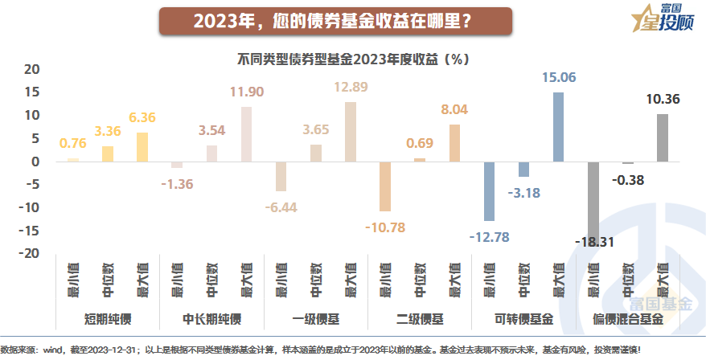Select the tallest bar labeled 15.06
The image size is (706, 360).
(558, 127)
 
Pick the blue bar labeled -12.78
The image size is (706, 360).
(489, 191)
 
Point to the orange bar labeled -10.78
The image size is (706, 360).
(385, 186)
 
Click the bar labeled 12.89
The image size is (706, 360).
(351, 132)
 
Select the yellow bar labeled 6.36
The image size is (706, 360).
(142, 147)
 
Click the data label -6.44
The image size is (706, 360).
(281, 207)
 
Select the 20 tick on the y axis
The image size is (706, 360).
(31, 70)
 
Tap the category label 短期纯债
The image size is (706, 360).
(108, 319)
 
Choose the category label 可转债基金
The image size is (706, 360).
(523, 319)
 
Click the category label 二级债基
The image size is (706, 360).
(419, 319)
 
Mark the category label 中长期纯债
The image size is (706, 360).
(211, 319)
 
